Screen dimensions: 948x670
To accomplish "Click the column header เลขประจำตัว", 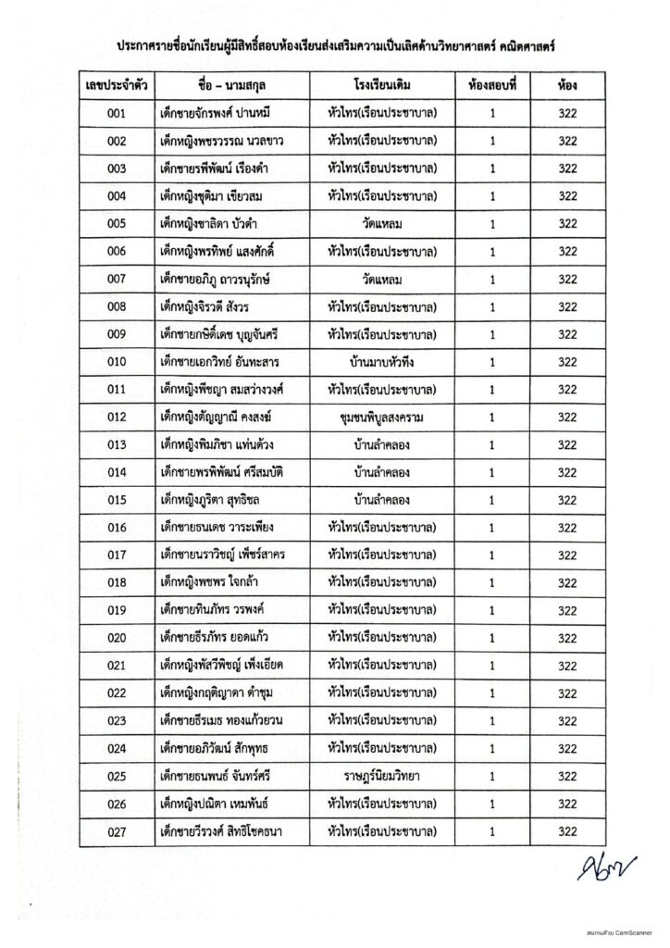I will click(x=117, y=86).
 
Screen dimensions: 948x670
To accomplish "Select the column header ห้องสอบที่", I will click(x=492, y=86).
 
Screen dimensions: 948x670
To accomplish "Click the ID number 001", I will click(x=117, y=114).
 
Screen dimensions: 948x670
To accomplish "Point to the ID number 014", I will click(x=117, y=473).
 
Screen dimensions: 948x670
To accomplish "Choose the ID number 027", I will click(x=117, y=832).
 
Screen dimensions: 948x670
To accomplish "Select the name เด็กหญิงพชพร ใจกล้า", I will click(x=209, y=583).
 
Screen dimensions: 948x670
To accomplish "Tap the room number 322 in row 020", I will click(x=567, y=639).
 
